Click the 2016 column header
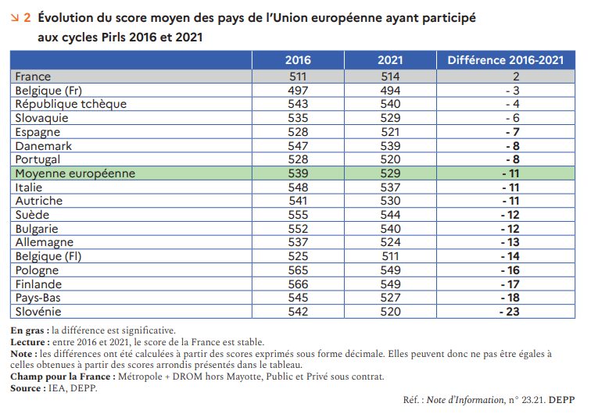point(297,60)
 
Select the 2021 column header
point(390,60)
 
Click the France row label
point(33,77)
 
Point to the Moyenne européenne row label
point(75,173)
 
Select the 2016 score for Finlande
point(297,284)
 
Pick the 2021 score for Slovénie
point(390,312)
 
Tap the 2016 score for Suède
point(297,215)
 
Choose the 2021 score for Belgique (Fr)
point(390,90)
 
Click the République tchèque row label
point(71,104)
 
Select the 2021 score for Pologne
point(390,270)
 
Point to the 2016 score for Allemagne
point(297,243)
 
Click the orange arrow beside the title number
point(15,16)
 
